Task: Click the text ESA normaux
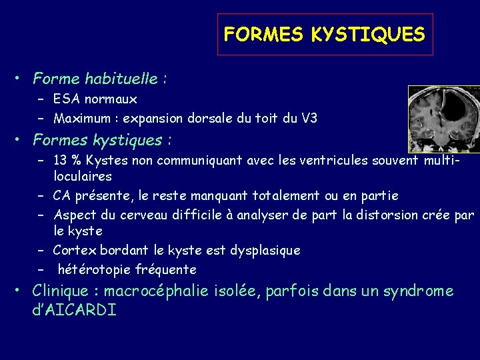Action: click(95, 99)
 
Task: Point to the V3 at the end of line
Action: click(309, 119)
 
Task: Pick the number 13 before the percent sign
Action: click(61, 160)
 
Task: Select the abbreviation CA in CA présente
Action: click(62, 196)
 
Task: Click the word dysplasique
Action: click(265, 251)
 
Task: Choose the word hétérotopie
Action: click(92, 270)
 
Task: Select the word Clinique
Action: click(60, 292)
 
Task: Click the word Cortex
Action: click(75, 251)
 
